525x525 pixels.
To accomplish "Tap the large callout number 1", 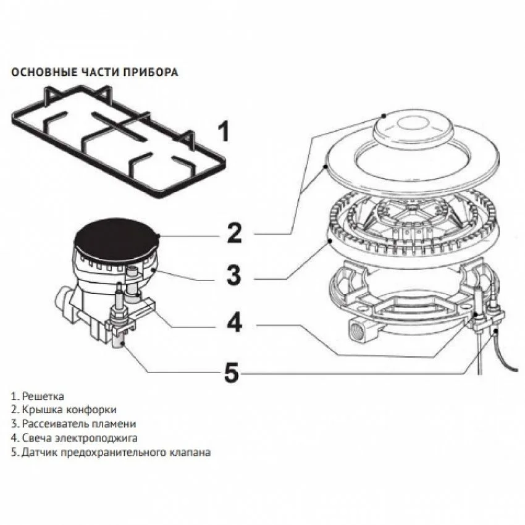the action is pos(224,131).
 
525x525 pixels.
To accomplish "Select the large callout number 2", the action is pos(234,233).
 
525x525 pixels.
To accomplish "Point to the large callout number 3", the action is pos(233,275).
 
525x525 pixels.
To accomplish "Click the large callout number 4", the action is pos(234,322).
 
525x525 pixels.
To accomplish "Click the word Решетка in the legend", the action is pos(43,397).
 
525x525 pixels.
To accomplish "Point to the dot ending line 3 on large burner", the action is pos(330,240).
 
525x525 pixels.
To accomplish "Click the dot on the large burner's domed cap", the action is pos(384,116).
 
